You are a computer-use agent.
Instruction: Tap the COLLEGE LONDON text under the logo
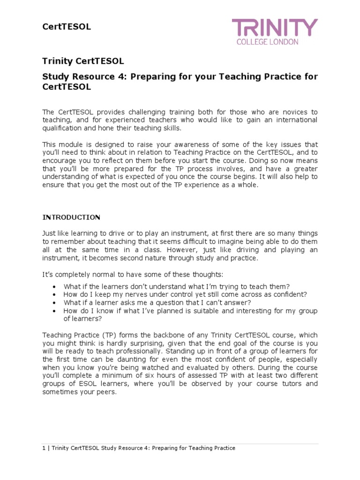274,42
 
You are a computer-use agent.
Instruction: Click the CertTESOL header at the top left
67,27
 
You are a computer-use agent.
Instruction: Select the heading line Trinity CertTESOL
83,61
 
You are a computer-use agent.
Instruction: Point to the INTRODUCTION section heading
71,217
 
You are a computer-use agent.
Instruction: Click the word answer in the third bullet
226,302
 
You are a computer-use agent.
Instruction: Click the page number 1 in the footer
44,448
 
